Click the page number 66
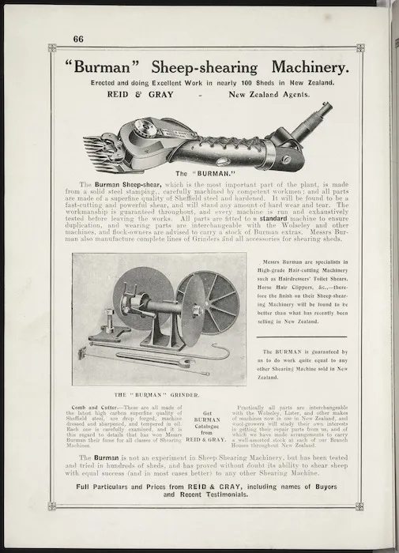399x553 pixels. (x=78, y=39)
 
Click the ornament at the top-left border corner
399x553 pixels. (x=52, y=48)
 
